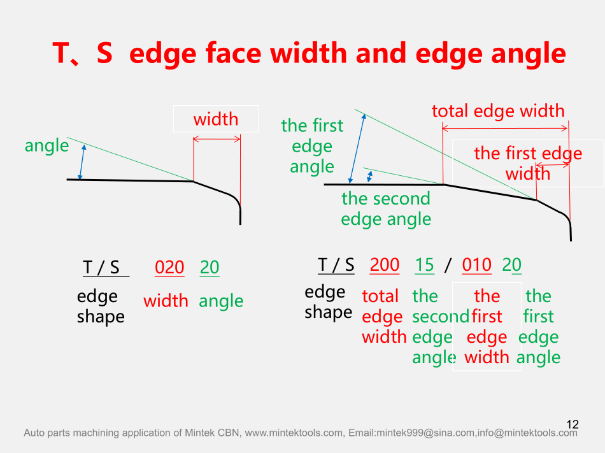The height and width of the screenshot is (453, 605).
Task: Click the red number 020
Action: pyautogui.click(x=169, y=267)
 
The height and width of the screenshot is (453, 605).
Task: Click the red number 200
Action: pyautogui.click(x=384, y=264)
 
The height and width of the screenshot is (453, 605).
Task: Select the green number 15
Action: pyautogui.click(x=424, y=265)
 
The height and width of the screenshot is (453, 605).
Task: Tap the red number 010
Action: pyautogui.click(x=476, y=265)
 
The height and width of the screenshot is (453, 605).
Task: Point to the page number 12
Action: pyautogui.click(x=573, y=424)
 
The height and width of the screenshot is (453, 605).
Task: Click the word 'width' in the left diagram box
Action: pyautogui.click(x=216, y=119)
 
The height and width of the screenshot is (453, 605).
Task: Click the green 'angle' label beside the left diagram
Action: pyautogui.click(x=46, y=146)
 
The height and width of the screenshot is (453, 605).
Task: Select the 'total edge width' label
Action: pyautogui.click(x=498, y=111)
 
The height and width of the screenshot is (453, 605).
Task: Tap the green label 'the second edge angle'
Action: pyautogui.click(x=386, y=209)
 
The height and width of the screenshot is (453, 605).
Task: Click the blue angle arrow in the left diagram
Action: pyautogui.click(x=82, y=162)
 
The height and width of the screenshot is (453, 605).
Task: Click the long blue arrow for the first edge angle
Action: pyautogui.click(x=357, y=148)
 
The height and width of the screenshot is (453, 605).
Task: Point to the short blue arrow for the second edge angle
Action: pyautogui.click(x=369, y=176)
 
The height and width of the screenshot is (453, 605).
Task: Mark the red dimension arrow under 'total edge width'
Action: pyautogui.click(x=504, y=128)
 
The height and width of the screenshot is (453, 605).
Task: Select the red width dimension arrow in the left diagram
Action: pyautogui.click(x=217, y=139)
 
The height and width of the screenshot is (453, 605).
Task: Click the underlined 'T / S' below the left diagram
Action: pyautogui.click(x=101, y=268)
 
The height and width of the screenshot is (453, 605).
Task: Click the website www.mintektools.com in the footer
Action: pyautogui.click(x=294, y=433)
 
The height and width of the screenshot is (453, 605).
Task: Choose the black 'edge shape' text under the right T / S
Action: pyautogui.click(x=329, y=302)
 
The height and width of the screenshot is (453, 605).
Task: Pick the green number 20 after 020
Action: pyautogui.click(x=210, y=267)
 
